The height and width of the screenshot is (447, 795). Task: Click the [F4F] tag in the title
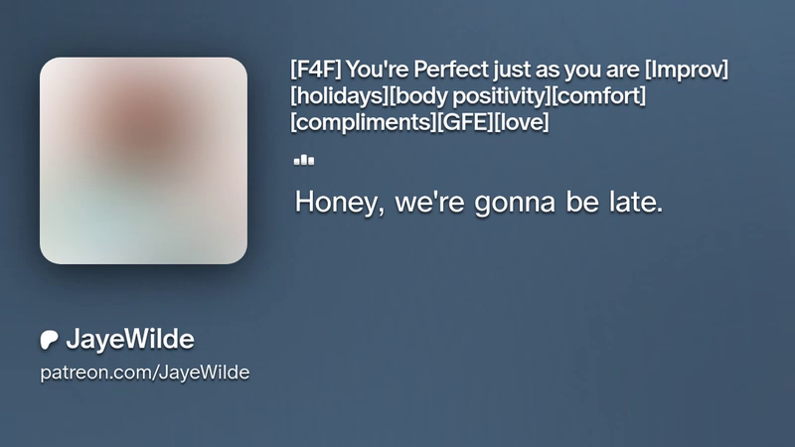pos(315,69)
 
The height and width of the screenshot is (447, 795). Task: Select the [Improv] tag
pos(687,70)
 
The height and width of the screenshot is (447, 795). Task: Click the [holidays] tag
pos(339,95)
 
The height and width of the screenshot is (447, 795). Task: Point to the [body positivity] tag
pos(469,95)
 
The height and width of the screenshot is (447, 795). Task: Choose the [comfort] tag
pos(598,95)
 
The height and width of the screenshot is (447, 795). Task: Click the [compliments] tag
pos(363,122)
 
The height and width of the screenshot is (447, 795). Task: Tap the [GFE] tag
pos(464,122)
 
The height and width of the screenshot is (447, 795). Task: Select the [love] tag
pos(521,122)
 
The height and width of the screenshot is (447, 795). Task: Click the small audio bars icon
pos(304,160)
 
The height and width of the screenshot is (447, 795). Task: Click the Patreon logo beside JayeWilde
pos(49,340)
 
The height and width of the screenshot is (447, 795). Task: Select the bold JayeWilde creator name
pos(130,339)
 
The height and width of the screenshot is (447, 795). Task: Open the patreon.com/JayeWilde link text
pos(144,372)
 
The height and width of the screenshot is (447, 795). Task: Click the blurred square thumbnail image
pos(143,161)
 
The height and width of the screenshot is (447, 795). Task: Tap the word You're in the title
pos(378,69)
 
